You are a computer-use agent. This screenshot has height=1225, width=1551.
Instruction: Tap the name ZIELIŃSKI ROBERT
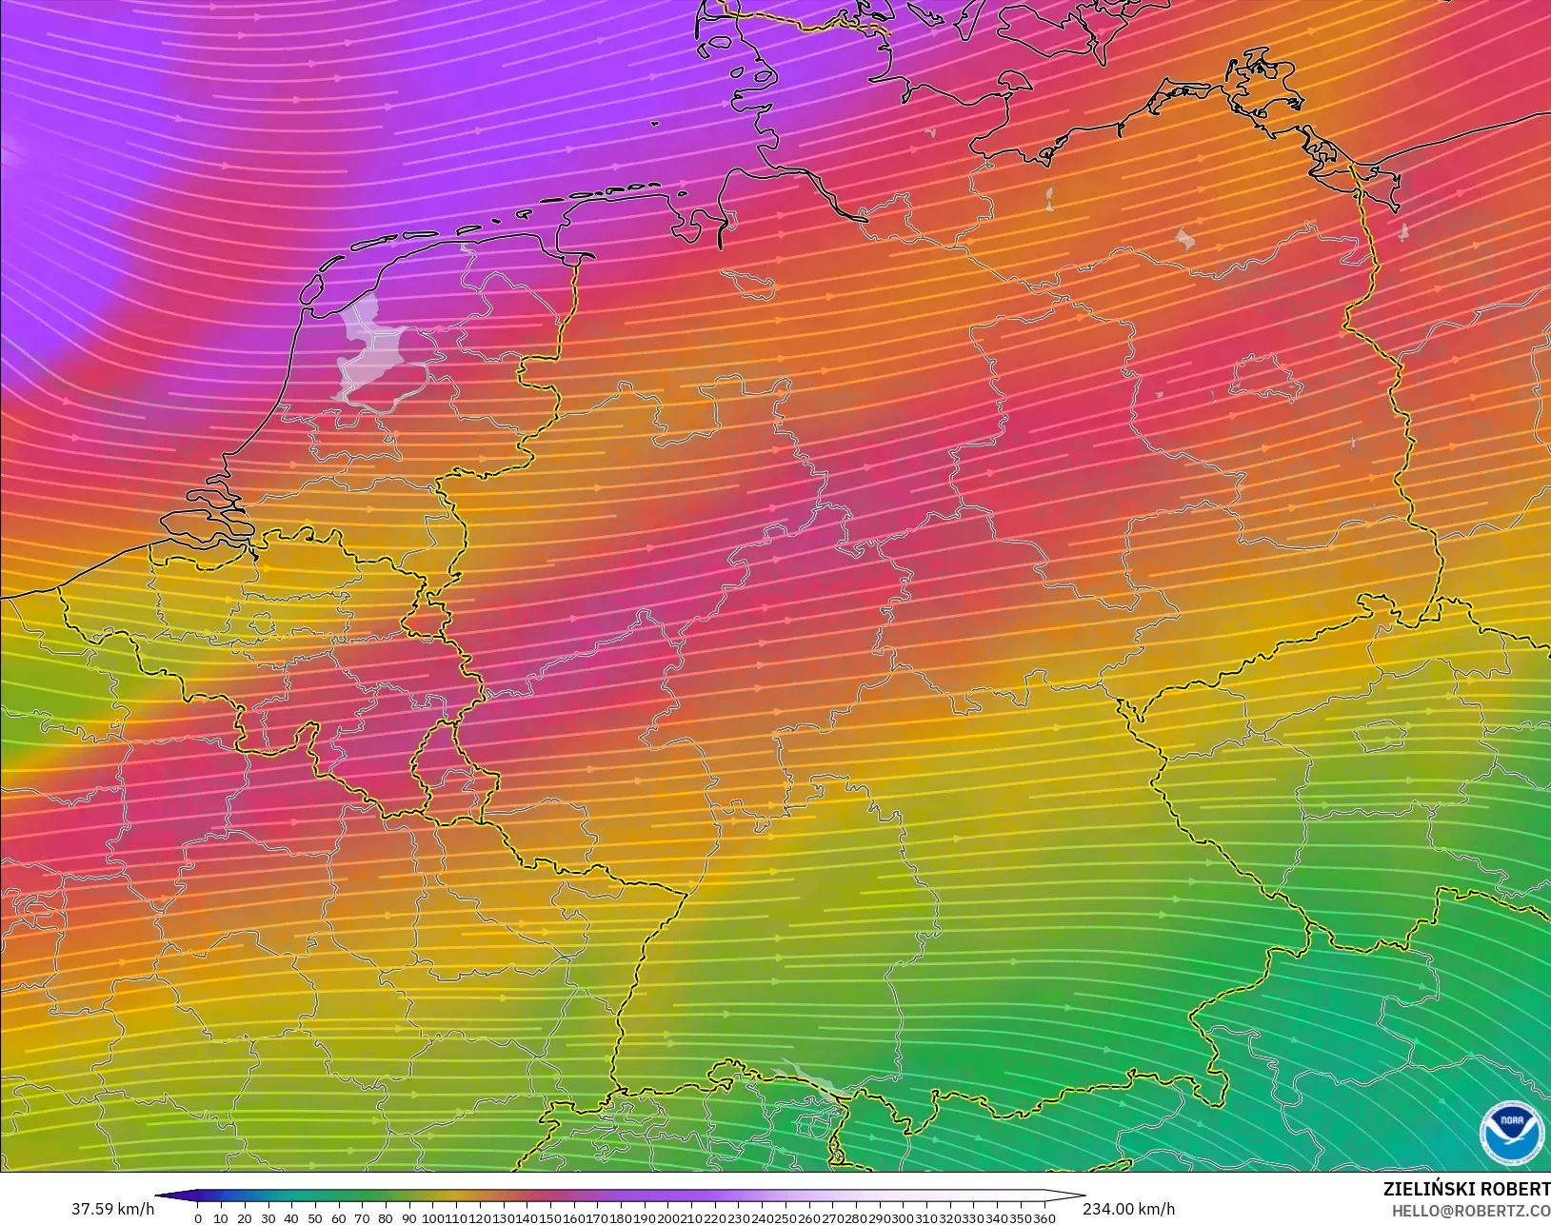1466,1190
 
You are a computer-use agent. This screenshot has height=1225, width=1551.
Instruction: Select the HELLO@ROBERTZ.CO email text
1471,1211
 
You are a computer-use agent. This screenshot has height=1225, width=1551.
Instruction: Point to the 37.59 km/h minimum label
112,1209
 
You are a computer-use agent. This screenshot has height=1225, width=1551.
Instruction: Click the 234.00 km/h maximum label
1128,1209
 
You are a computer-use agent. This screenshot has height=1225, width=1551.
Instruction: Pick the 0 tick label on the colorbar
198,1218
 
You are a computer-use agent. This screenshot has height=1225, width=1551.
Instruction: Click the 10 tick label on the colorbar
221,1218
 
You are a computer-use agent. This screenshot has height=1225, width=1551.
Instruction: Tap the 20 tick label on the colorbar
245,1218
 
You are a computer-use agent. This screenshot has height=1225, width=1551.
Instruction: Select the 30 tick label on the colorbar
268,1218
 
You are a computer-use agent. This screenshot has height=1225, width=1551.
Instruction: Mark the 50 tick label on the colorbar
315,1218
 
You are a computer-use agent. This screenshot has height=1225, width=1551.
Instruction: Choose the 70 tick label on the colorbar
362,1218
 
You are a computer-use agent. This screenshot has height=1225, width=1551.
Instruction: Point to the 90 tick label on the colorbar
409,1218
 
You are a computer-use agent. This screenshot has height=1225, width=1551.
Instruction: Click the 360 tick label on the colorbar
1044,1218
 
